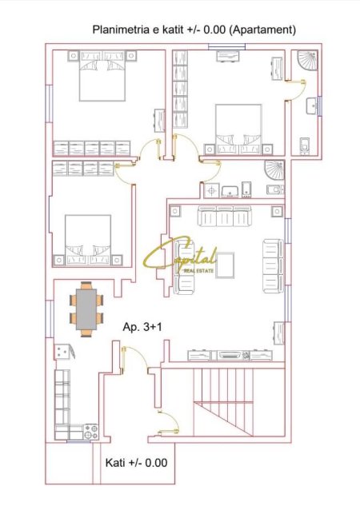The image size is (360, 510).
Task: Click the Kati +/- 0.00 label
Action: pyautogui.click(x=136, y=463)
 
